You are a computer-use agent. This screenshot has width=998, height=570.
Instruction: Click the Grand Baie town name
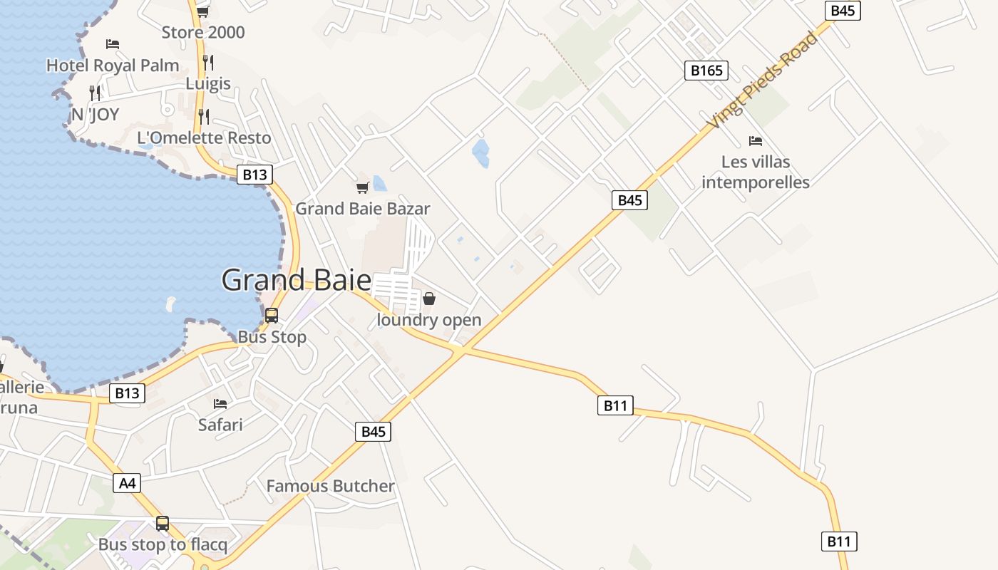coord(296,280)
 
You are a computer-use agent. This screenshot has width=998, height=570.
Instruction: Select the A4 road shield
coord(126,483)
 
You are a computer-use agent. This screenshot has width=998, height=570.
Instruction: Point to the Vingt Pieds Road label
coord(761,81)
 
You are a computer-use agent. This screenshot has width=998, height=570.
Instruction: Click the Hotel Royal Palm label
coord(113,66)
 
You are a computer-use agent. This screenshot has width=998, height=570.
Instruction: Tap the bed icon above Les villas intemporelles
coord(756,141)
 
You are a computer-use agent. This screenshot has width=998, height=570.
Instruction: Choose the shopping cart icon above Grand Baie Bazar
coord(362,187)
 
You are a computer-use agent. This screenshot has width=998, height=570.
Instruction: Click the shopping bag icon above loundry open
coord(429,299)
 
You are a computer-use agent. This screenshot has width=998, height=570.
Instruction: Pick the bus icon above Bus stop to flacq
coord(163,524)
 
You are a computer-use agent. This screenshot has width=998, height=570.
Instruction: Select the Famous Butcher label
coord(330,486)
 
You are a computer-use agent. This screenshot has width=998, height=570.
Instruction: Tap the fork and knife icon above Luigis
coord(207,62)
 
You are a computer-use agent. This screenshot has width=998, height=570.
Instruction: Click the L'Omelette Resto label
coord(204,138)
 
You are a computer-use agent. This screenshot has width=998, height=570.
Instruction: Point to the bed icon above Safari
coord(220,404)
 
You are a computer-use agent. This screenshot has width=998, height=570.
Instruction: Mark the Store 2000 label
coord(202,32)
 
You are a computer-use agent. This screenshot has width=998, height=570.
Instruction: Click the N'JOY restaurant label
coord(95,115)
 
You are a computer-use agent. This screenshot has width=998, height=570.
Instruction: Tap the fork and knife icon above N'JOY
coord(95,93)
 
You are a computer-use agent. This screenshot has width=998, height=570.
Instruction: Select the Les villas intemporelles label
coord(756,172)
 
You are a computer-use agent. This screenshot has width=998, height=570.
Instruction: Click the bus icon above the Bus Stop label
coord(272,315)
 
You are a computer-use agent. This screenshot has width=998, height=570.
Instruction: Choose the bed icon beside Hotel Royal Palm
coord(112,44)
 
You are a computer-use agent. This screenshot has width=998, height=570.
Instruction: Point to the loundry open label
coord(429,320)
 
